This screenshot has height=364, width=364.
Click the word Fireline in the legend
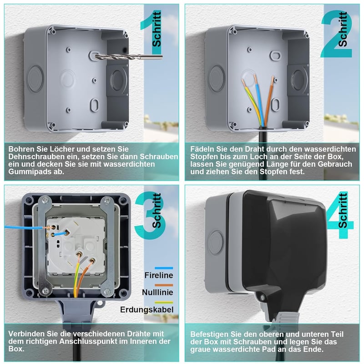159,275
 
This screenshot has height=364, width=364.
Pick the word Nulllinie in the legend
157,292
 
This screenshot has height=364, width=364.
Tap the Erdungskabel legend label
147,310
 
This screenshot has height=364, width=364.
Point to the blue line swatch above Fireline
164,268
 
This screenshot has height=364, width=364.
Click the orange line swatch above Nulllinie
164,285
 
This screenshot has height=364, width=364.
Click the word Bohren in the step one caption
20,149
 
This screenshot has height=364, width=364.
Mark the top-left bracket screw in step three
46,199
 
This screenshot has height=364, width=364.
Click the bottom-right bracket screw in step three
107,292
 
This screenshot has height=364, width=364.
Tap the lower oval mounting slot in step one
94,105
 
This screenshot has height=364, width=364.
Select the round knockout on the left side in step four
215,243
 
